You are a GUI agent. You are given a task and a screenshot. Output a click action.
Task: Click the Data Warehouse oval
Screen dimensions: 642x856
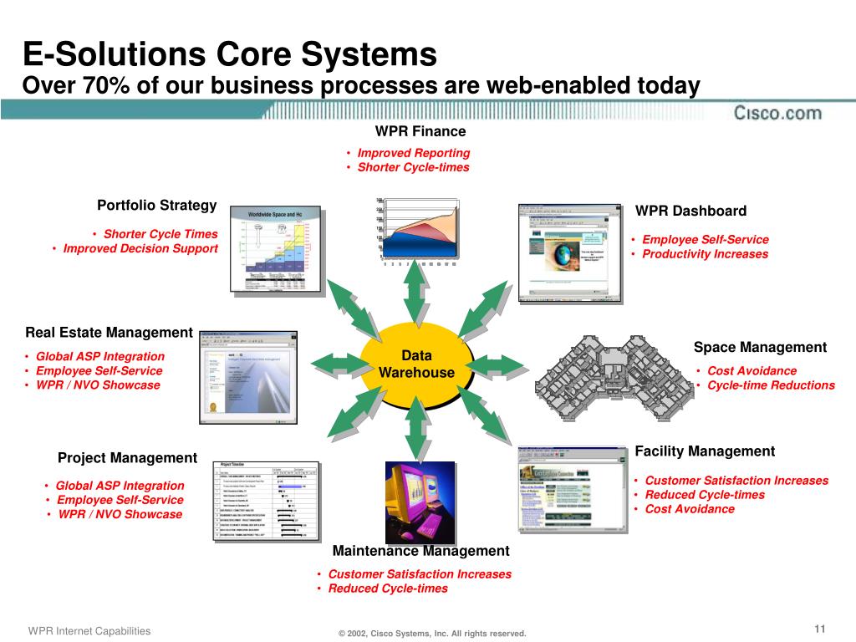pyautogui.click(x=415, y=365)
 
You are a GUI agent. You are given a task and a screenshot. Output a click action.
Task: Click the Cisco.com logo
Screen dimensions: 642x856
pyautogui.click(x=777, y=113)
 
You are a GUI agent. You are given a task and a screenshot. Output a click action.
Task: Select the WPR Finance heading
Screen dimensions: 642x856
pyautogui.click(x=420, y=131)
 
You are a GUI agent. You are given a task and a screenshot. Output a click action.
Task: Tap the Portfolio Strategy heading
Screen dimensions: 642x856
pyautogui.click(x=157, y=206)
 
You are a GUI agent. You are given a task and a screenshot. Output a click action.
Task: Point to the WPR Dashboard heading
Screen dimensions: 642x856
pyautogui.click(x=690, y=211)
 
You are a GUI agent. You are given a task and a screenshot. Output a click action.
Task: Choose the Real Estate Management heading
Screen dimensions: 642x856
pyautogui.click(x=109, y=333)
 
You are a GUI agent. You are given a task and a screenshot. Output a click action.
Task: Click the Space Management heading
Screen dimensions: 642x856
pyautogui.click(x=760, y=348)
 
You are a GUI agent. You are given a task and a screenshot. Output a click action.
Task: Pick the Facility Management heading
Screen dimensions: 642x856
pyautogui.click(x=705, y=451)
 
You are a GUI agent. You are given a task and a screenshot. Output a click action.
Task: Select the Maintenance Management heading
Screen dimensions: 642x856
pyautogui.click(x=420, y=551)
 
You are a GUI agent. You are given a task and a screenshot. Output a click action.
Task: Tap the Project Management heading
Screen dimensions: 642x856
pyautogui.click(x=127, y=458)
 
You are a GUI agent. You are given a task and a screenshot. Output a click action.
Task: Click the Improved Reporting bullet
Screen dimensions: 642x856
pyautogui.click(x=413, y=153)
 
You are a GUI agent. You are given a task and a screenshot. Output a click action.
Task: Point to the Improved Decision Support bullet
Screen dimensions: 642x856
pyautogui.click(x=140, y=248)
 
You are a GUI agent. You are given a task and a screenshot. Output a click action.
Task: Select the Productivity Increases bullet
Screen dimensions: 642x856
pyautogui.click(x=705, y=254)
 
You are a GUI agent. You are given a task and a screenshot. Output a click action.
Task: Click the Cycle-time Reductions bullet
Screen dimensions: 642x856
pyautogui.click(x=771, y=385)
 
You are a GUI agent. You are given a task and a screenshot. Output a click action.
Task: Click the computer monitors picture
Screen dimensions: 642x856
pyautogui.click(x=420, y=501)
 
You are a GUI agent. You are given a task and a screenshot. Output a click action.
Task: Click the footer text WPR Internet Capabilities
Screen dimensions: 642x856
pyautogui.click(x=89, y=631)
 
